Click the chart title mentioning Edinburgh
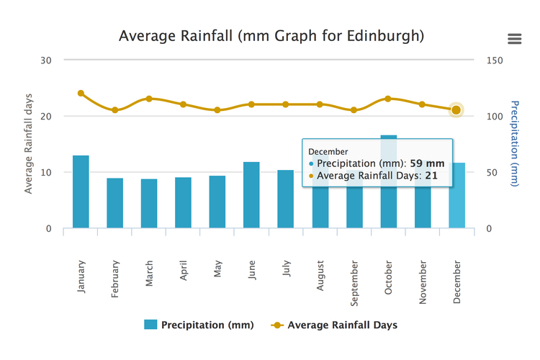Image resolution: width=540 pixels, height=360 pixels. click(x=271, y=35)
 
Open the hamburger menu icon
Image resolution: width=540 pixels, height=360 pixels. click(x=514, y=39)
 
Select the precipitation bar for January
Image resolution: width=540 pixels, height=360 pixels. click(x=81, y=192)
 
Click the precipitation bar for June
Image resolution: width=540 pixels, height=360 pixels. click(x=252, y=195)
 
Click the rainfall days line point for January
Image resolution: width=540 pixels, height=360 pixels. click(x=81, y=94)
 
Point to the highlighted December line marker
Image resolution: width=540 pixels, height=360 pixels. click(x=456, y=110)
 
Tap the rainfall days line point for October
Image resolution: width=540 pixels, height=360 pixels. click(x=388, y=99)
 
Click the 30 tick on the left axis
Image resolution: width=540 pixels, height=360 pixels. click(x=46, y=60)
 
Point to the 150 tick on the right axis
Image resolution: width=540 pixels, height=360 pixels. click(x=495, y=60)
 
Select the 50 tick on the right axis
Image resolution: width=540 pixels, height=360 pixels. click(x=492, y=173)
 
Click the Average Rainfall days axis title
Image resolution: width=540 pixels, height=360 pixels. click(x=29, y=144)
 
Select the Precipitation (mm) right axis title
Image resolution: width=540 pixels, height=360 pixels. click(x=515, y=143)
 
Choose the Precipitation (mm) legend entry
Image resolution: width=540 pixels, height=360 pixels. click(x=199, y=325)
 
